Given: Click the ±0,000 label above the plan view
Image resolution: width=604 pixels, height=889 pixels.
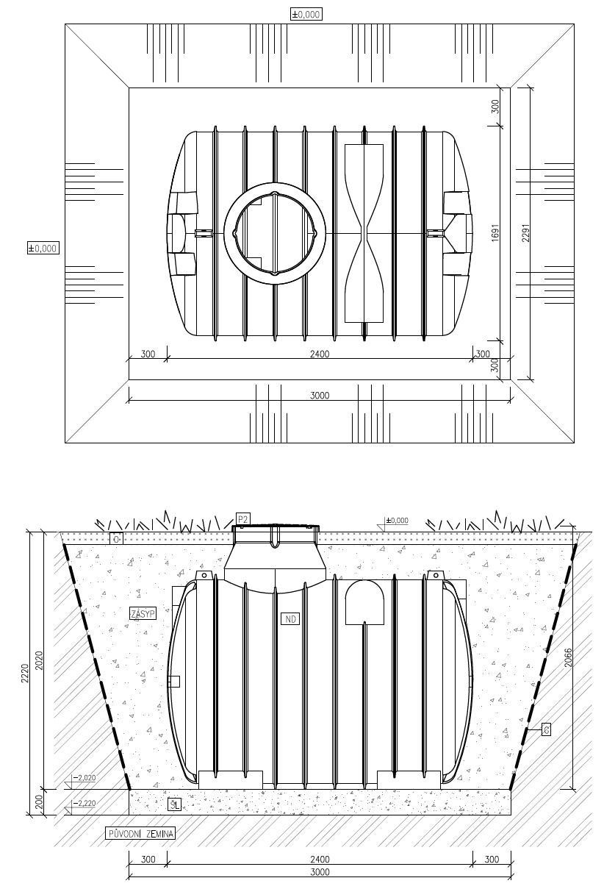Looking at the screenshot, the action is point(306,15).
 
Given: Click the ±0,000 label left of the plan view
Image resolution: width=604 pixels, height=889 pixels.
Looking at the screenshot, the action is point(43,249).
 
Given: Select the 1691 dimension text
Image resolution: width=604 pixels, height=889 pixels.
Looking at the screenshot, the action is point(495,232).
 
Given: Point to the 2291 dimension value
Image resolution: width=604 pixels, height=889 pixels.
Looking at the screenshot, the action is point(525,233).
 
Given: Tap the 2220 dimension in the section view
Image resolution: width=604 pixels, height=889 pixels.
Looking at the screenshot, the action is point(25,673).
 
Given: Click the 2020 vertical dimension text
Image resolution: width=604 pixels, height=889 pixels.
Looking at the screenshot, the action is point(39,661).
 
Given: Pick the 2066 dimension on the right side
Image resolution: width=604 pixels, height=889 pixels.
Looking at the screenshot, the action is point(568,657).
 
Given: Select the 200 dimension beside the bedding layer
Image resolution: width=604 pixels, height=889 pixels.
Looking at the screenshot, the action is point(39,802).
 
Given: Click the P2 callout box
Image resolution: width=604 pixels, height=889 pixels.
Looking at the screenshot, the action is point(243,518).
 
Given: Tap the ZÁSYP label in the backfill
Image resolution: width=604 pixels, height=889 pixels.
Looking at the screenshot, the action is point(143,613).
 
